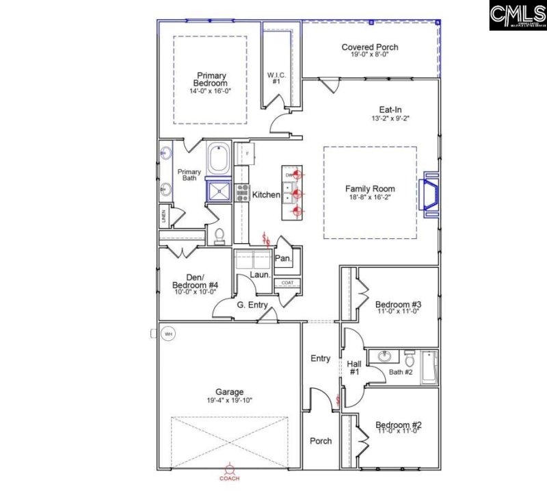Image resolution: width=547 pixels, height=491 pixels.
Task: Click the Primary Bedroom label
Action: [x=211, y=79]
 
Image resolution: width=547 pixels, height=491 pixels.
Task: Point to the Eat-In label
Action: [x=390, y=109]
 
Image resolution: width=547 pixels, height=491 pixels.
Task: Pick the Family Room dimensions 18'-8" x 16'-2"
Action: [x=370, y=199]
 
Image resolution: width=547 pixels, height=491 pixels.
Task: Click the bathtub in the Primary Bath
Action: [x=219, y=159]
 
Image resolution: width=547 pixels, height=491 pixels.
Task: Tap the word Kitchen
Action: [x=266, y=195]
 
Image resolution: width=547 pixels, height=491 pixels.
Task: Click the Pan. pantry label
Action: [x=283, y=259]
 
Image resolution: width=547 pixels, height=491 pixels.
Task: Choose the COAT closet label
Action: [x=287, y=282]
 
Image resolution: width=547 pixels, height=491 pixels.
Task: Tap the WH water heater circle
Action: [x=168, y=334]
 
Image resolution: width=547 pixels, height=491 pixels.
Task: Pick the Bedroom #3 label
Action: [x=398, y=304]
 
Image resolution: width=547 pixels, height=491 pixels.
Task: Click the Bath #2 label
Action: [x=401, y=372]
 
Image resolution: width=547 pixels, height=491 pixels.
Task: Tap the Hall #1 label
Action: [x=354, y=368]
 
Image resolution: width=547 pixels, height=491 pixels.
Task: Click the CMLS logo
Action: [x=517, y=15]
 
